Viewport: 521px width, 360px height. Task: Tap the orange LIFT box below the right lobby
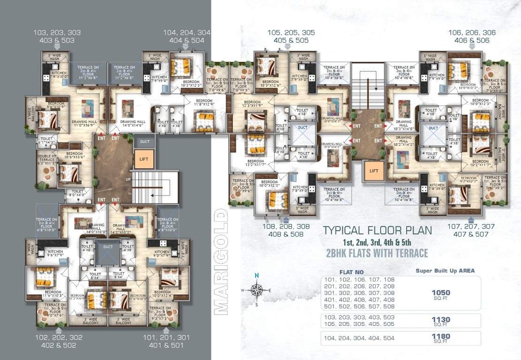coord(374,171)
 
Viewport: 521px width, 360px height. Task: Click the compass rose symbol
coord(256,290)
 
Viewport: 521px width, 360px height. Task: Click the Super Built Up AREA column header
coord(445,270)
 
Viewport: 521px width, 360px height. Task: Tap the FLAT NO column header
coord(351,272)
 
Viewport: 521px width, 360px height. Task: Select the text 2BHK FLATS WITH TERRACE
coord(377,253)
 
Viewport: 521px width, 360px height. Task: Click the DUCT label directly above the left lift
coord(144,141)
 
